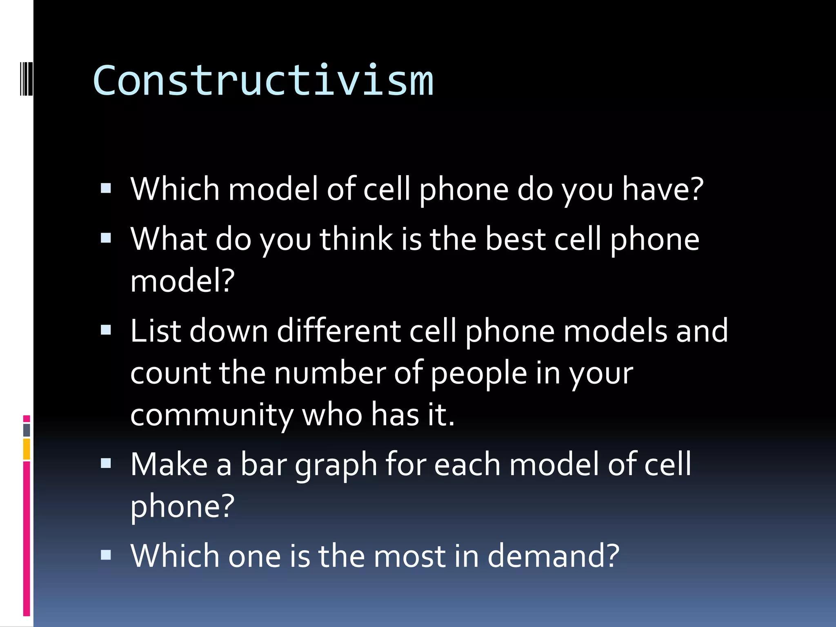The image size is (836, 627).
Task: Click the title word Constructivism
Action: pyautogui.click(x=263, y=81)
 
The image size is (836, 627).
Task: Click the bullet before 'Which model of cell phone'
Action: pyautogui.click(x=106, y=188)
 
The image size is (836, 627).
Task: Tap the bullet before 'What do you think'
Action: pyautogui.click(x=106, y=238)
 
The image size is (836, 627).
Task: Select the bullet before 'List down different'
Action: pyautogui.click(x=106, y=330)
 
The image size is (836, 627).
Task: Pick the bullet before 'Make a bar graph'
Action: pyautogui.click(x=106, y=463)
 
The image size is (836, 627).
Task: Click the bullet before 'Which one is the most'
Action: pyautogui.click(x=106, y=555)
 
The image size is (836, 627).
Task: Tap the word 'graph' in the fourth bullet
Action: pyautogui.click(x=336, y=465)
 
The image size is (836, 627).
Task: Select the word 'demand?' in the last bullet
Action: pyautogui.click(x=554, y=556)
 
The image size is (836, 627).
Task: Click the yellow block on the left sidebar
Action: pyautogui.click(x=27, y=449)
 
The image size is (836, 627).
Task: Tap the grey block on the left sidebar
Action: pyautogui.click(x=27, y=430)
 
